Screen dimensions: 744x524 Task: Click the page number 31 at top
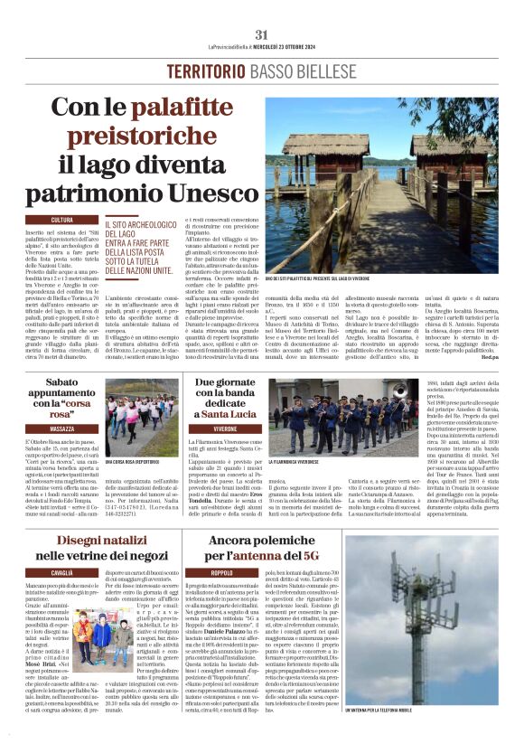click(x=262, y=35)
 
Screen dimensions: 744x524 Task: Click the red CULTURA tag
click(x=62, y=220)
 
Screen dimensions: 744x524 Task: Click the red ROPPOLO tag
click(x=221, y=573)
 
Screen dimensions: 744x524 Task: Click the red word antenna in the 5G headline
click(x=285, y=557)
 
